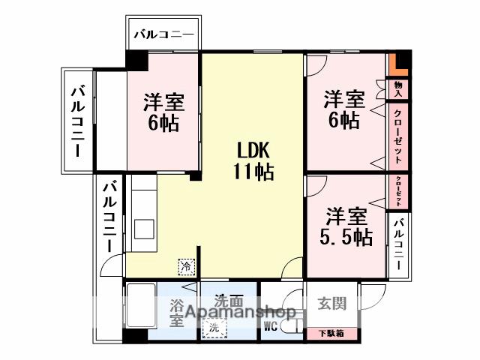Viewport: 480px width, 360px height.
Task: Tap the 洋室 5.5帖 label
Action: (x=346, y=226)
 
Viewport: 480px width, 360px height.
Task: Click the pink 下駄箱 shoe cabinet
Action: (x=331, y=332)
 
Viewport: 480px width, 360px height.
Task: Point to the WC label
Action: (x=271, y=325)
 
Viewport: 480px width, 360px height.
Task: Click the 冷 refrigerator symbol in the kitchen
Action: (x=185, y=265)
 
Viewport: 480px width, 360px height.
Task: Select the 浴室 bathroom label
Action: (x=176, y=313)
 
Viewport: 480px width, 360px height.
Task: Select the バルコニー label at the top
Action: (x=163, y=34)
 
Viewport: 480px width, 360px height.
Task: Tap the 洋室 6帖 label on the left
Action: (x=163, y=112)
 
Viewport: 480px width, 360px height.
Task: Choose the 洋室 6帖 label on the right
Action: (x=344, y=109)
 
